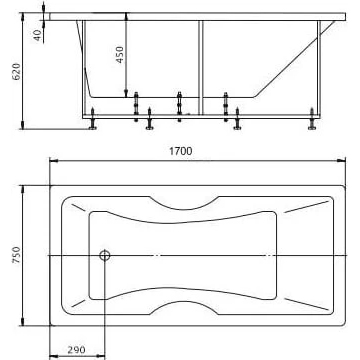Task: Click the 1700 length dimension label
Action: tap(181, 151)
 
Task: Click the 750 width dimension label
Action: tap(16, 255)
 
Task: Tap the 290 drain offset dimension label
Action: tap(76, 350)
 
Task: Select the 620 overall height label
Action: tap(16, 71)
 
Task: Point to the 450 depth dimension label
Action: tap(119, 54)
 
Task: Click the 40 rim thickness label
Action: tap(37, 35)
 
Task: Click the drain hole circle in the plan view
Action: tap(105, 256)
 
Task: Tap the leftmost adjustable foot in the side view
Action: tap(92, 119)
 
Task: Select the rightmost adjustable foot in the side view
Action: tap(312, 119)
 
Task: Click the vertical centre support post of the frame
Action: tap(201, 68)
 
